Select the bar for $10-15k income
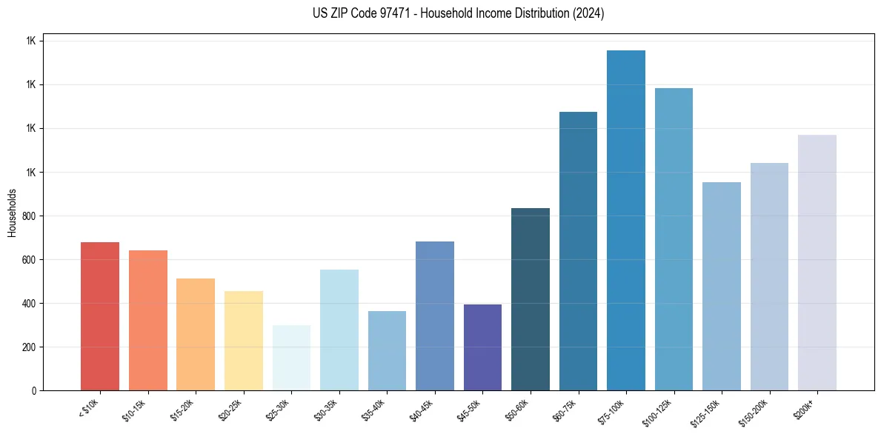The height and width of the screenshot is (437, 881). [x=147, y=320]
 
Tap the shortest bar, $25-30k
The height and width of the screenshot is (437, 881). [x=291, y=358]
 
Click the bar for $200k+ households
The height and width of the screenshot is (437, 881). [x=817, y=262]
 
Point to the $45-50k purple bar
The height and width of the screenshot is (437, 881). [x=482, y=347]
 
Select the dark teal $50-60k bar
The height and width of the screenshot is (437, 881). [x=531, y=299]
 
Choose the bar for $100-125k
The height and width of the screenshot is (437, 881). [x=674, y=239]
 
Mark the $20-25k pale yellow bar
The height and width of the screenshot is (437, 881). [x=244, y=341]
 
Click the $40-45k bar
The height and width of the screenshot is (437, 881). [x=435, y=316]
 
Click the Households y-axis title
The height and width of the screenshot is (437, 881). [x=12, y=213]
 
